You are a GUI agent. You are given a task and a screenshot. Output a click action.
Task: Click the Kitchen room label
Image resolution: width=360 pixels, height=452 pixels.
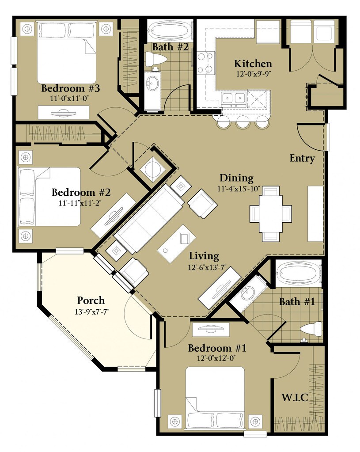(x=253, y=64)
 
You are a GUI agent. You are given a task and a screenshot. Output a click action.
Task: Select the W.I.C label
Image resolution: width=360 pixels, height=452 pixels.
(x=295, y=398)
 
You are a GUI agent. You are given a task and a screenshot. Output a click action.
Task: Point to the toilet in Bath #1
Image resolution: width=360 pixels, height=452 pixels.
(x=311, y=329)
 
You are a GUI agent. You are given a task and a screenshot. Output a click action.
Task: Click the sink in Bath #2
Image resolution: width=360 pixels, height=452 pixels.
(x=153, y=83)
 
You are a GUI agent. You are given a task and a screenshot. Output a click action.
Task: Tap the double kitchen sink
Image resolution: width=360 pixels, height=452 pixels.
(x=233, y=98)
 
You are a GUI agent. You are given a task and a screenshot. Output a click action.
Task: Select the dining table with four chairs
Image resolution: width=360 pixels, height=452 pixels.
(x=270, y=213)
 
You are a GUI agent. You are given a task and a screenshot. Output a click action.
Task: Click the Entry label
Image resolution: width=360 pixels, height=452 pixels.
(x=302, y=158)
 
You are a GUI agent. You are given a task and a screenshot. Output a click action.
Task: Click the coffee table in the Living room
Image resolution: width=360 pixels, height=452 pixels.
(x=177, y=244)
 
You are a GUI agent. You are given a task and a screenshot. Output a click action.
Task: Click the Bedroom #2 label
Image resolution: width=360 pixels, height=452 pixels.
(x=80, y=193)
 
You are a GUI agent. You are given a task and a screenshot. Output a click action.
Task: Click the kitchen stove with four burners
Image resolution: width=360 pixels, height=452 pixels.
(x=205, y=63)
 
